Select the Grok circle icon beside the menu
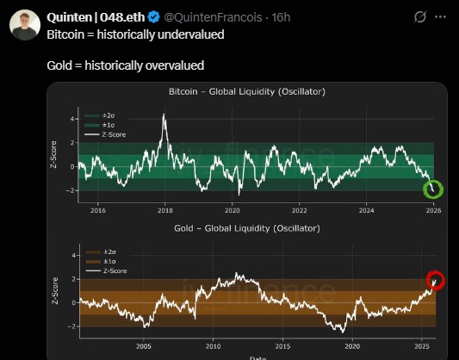[x=419, y=16]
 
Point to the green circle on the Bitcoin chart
[x=432, y=189]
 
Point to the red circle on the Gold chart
[x=436, y=280]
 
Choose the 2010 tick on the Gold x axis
[x=213, y=346]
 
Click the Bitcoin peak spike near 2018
[x=164, y=116]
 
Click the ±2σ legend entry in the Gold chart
[x=107, y=251]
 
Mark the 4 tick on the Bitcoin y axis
[x=72, y=119]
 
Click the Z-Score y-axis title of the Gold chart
[x=56, y=290]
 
